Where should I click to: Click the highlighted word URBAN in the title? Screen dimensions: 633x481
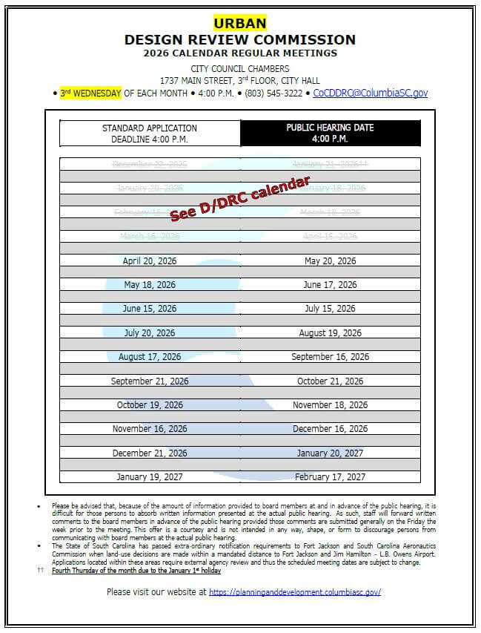pos(239,23)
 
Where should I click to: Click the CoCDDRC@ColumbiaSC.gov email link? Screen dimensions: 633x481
pos(370,94)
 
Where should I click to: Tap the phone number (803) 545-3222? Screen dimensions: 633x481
pos(274,94)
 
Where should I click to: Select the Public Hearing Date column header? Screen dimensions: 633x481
pos(330,133)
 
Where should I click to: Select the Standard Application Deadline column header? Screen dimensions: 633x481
pos(150,134)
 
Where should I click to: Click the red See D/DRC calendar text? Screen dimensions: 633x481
pos(239,200)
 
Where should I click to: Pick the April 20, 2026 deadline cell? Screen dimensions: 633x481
pos(150,261)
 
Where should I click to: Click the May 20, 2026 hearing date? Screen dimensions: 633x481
pos(330,261)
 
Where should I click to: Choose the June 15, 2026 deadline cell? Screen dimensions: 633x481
pos(150,309)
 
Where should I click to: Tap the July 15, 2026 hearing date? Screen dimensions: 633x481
pos(330,309)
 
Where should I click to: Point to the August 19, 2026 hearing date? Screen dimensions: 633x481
pos(330,333)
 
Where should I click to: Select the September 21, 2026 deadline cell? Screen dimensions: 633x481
pos(150,381)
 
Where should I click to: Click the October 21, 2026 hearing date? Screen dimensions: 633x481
pos(330,381)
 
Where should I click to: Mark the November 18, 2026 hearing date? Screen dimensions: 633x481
pos(330,405)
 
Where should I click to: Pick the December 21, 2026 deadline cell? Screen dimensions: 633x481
pos(150,453)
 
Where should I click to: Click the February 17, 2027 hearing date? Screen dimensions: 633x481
pos(330,477)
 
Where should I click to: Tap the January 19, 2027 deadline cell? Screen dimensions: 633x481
pos(150,477)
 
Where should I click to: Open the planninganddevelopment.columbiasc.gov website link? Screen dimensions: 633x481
pos(294,592)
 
